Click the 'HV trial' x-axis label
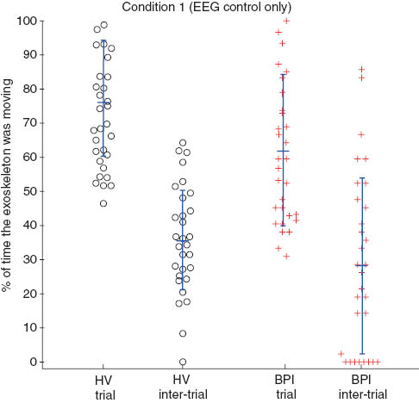pyautogui.click(x=103, y=387)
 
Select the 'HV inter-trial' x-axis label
pyautogui.click(x=182, y=387)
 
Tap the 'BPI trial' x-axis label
pyautogui.click(x=283, y=387)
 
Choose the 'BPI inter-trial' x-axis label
pyautogui.click(x=362, y=387)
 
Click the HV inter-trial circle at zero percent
pyautogui.click(x=182, y=362)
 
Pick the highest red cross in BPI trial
pyautogui.click(x=286, y=21)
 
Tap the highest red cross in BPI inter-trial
pyautogui.click(x=361, y=70)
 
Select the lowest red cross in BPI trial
pyautogui.click(x=286, y=256)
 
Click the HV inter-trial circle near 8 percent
pyautogui.click(x=182, y=333)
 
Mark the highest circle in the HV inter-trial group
pyautogui.click(x=182, y=143)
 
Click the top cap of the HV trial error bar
pyautogui.click(x=103, y=41)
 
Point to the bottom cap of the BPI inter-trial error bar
pyautogui.click(x=362, y=353)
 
